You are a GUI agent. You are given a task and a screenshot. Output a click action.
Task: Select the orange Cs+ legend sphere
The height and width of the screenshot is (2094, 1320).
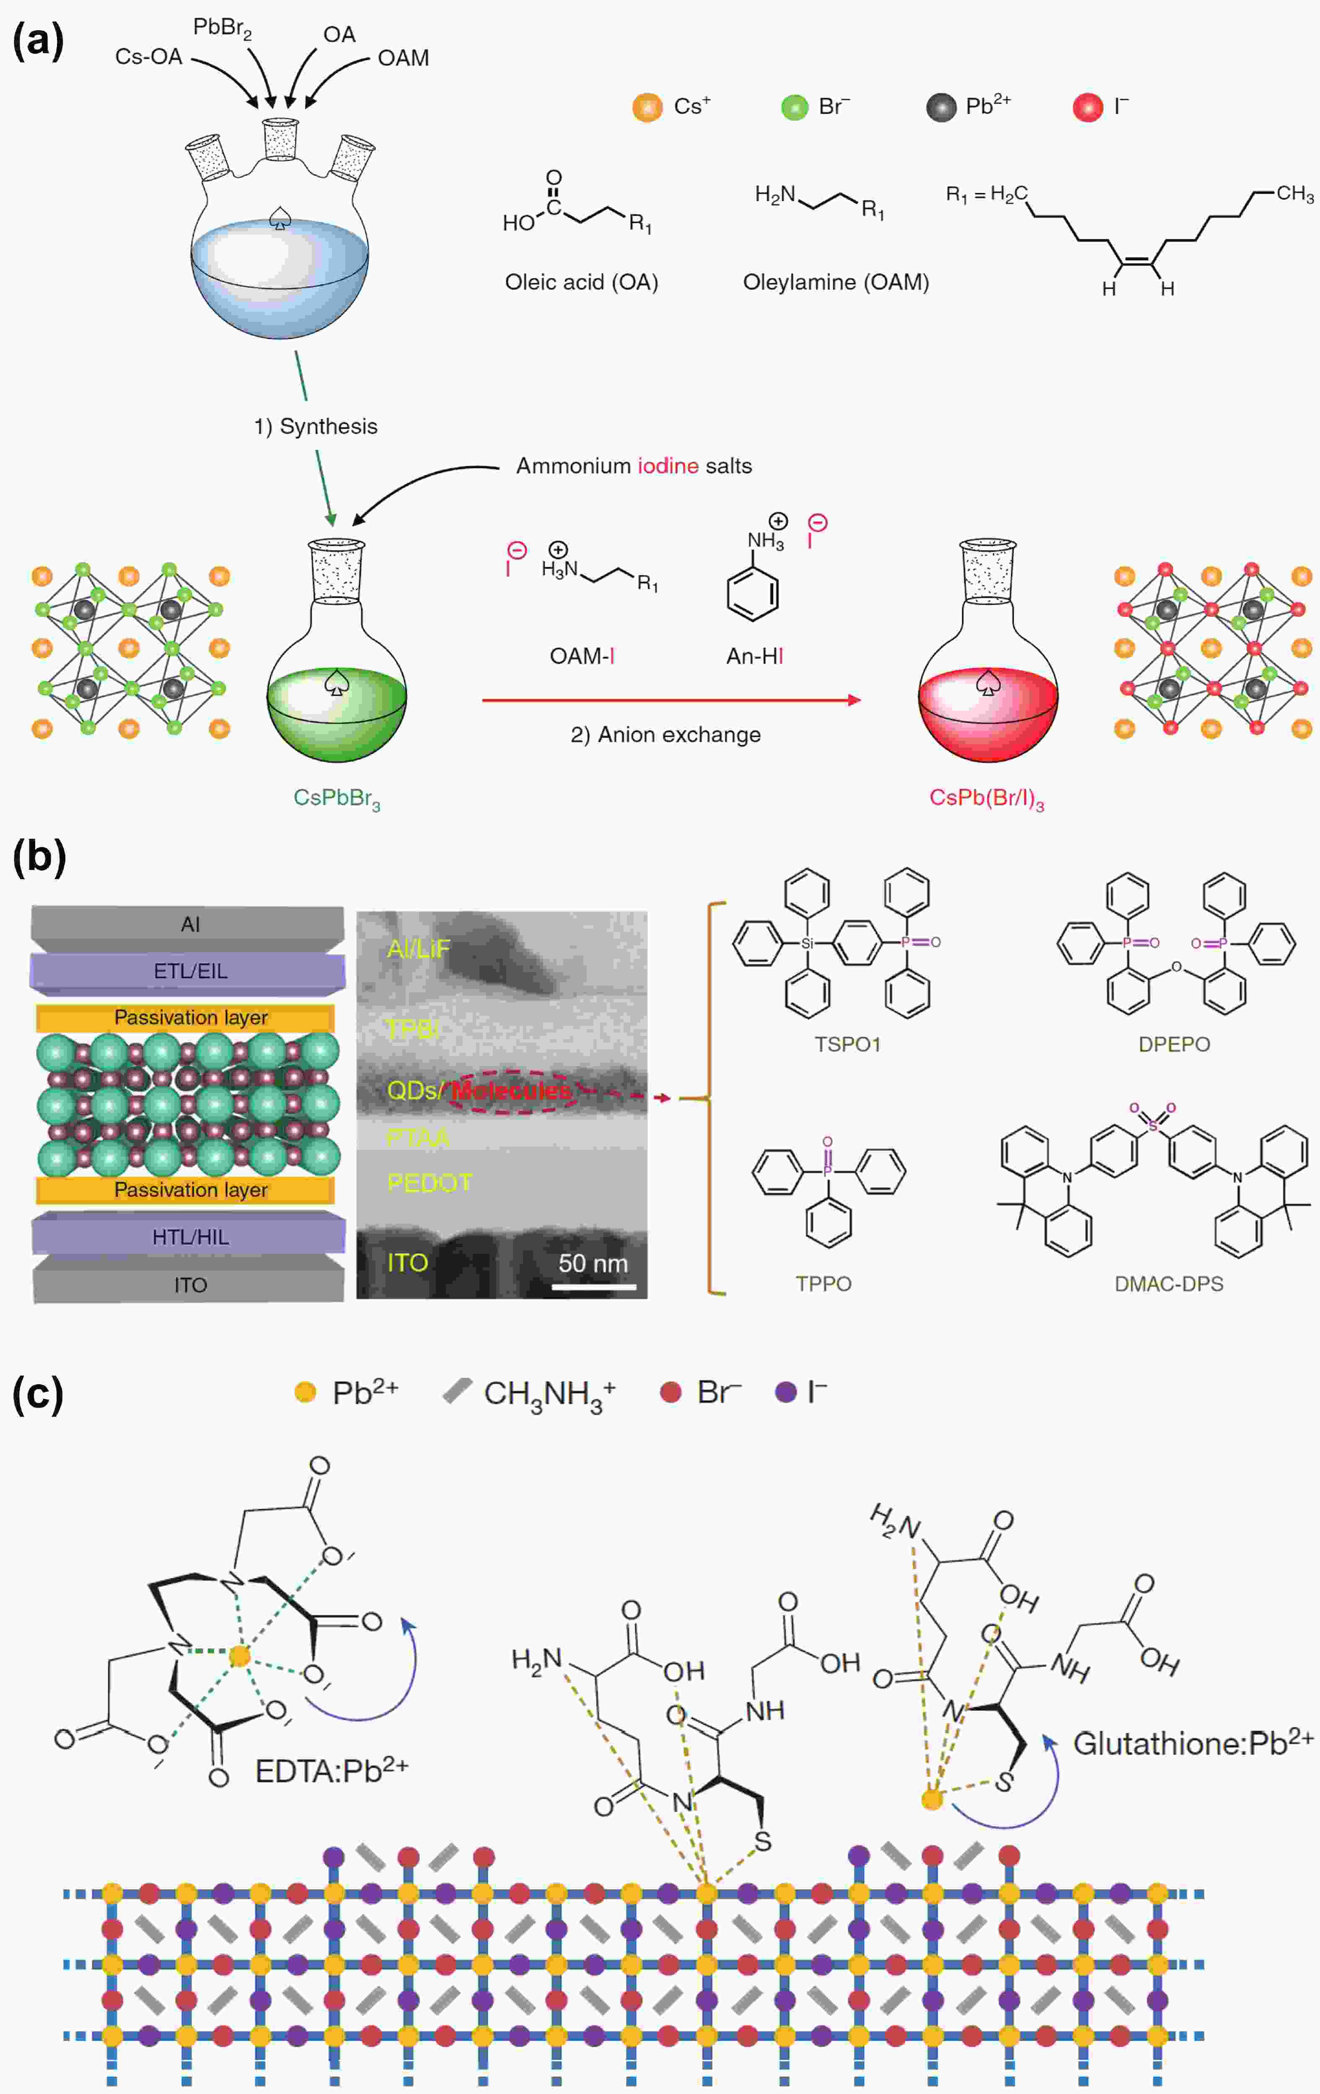(x=647, y=108)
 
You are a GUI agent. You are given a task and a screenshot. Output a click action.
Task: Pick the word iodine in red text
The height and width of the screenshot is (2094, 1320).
(x=668, y=466)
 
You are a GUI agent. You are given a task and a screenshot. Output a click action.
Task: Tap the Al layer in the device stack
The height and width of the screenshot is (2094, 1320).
(x=189, y=924)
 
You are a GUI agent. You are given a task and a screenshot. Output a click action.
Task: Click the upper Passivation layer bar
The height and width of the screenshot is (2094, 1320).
(x=189, y=1017)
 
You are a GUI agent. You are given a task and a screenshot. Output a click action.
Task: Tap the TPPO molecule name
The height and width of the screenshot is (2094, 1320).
(x=823, y=1284)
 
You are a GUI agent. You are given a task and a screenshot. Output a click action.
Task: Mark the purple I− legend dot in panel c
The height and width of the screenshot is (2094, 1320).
(x=785, y=1392)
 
